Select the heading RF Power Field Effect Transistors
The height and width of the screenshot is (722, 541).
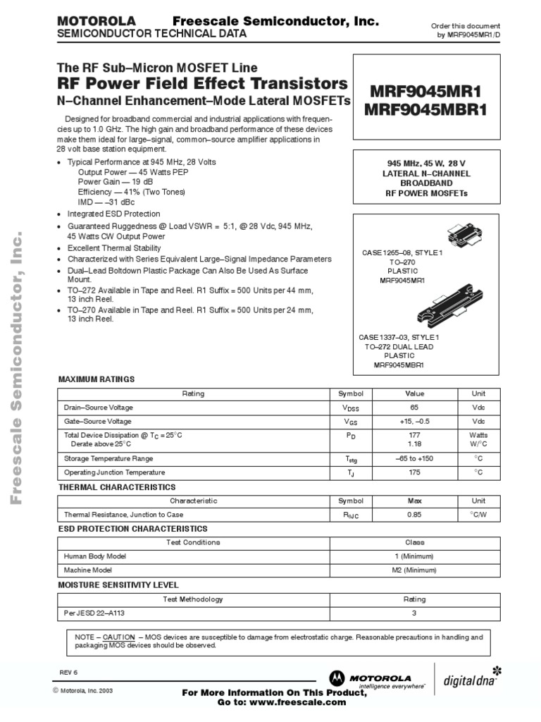(202, 84)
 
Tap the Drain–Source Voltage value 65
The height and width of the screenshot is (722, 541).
(414, 408)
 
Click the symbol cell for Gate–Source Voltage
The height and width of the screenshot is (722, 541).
(350, 422)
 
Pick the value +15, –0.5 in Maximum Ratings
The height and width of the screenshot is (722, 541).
(414, 421)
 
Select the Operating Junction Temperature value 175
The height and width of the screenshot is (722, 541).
(414, 472)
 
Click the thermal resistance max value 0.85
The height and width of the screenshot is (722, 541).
(414, 515)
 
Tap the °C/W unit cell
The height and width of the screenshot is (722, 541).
(478, 515)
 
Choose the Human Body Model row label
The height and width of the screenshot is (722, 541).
(95, 556)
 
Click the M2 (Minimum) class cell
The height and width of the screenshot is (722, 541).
(414, 570)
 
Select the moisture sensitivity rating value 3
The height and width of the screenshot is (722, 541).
(414, 613)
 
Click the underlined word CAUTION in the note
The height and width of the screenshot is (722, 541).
(118, 637)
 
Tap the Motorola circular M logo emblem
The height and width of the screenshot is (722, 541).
(339, 679)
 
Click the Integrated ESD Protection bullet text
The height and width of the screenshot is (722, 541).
(113, 214)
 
